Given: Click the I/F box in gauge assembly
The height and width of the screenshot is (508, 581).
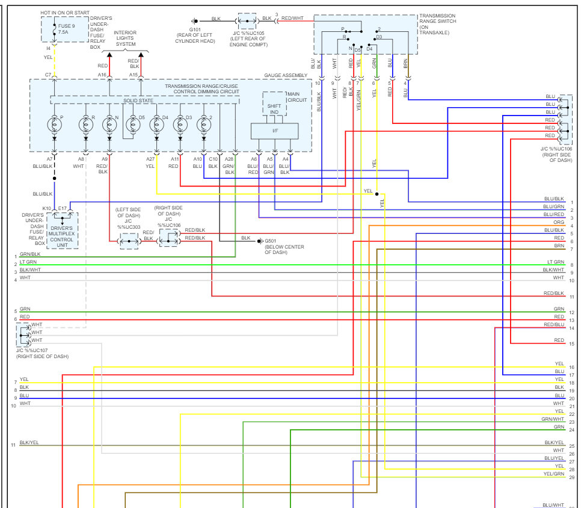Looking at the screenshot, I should (x=274, y=130).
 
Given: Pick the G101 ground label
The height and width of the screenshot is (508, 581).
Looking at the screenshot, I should (x=195, y=28).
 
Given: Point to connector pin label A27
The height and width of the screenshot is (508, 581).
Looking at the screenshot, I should (x=150, y=159).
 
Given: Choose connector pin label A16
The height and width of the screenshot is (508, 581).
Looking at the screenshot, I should (x=102, y=75).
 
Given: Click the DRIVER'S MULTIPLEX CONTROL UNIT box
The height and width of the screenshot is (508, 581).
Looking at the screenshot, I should (x=61, y=234).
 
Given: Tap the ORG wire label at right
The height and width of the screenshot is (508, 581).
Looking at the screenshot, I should (x=559, y=223).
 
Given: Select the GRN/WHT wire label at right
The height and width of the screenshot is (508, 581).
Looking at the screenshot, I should (x=553, y=419).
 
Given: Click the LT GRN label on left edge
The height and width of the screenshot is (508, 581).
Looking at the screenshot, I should (x=28, y=262).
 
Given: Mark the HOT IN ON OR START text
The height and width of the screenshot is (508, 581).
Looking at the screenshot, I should (x=65, y=12).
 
